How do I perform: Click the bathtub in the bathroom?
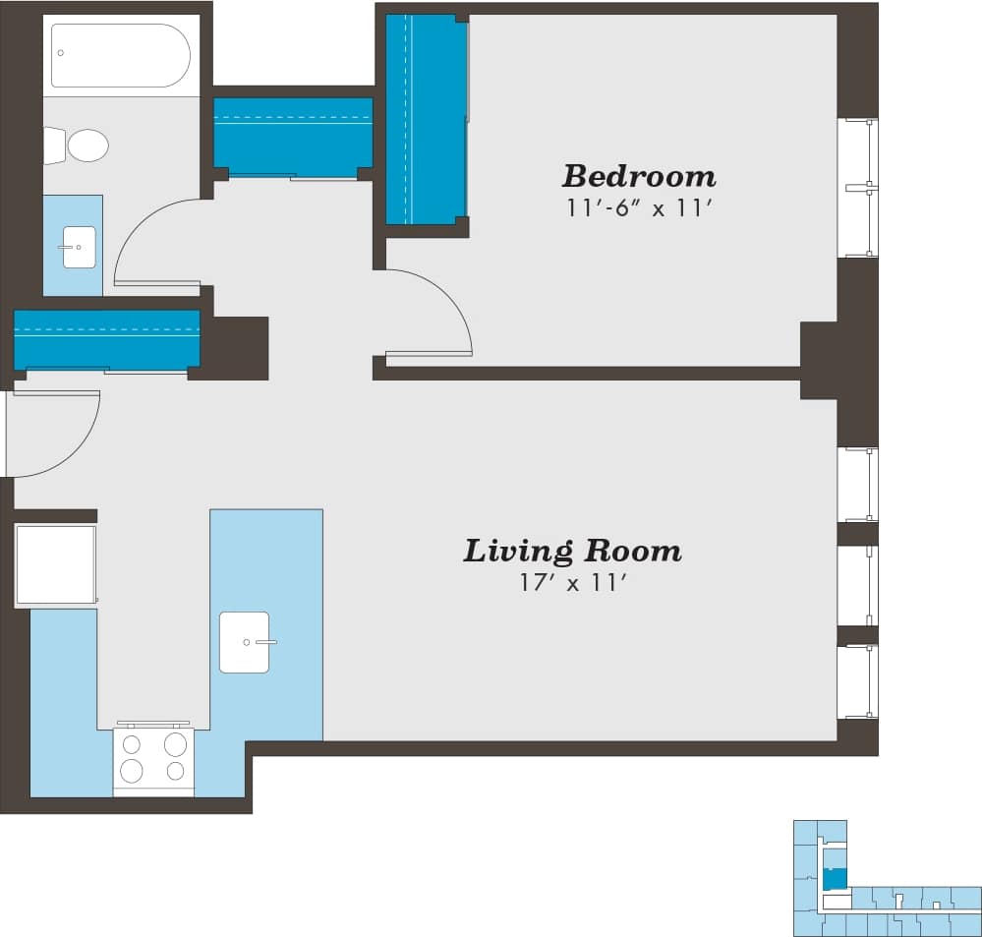(x=121, y=55)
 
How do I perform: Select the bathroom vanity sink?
(x=79, y=247)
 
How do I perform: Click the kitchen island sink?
(x=244, y=642)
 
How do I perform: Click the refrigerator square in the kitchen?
(x=56, y=565)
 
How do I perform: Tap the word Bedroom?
(x=638, y=177)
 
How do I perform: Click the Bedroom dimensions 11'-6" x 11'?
(x=638, y=208)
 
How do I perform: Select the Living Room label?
(x=572, y=551)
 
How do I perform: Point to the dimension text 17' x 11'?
(x=573, y=582)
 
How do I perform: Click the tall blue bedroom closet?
(x=425, y=119)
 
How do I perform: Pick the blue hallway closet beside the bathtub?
(x=293, y=136)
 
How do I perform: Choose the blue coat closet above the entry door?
(x=106, y=339)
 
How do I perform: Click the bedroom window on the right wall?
(x=857, y=187)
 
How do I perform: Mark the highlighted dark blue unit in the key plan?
(x=834, y=878)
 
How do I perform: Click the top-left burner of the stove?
(x=132, y=744)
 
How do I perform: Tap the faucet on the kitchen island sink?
(x=262, y=642)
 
